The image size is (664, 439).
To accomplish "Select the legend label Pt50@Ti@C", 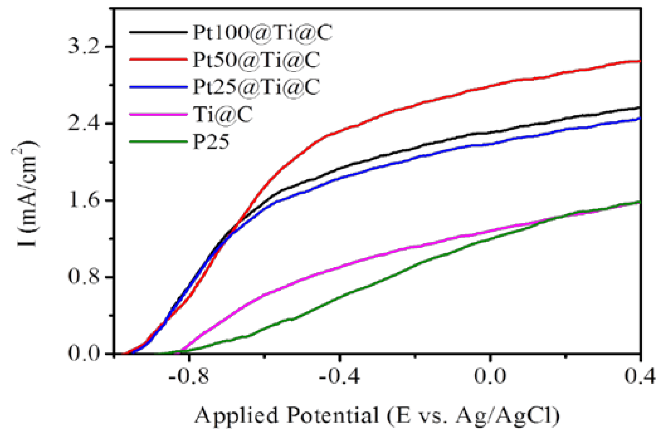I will [256, 60].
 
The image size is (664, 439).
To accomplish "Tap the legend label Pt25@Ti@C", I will [256, 87].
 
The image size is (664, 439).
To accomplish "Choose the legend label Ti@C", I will [223, 115].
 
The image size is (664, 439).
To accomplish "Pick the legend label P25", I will [211, 142].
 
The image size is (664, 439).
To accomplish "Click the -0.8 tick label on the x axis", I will [189, 376].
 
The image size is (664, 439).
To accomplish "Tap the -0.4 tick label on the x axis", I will [339, 376].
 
